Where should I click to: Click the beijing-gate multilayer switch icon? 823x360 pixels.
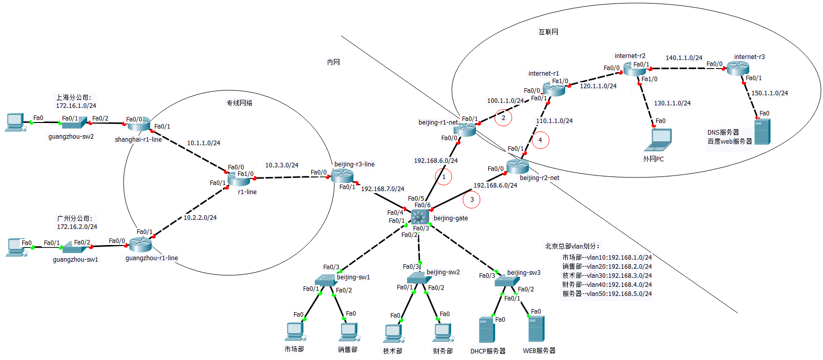click(420, 217)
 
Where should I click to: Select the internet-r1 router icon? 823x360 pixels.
click(554, 89)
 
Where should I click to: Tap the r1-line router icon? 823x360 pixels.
click(239, 179)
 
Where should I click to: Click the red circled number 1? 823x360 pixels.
click(444, 177)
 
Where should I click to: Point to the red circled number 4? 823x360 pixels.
click(540, 140)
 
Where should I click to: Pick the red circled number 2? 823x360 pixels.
click(503, 118)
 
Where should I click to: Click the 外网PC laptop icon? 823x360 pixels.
click(658, 140)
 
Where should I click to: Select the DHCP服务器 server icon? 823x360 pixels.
click(486, 330)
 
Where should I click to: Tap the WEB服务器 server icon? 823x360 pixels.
click(536, 329)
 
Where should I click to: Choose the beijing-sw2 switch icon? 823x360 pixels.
click(417, 277)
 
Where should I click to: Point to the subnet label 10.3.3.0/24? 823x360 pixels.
click(281, 165)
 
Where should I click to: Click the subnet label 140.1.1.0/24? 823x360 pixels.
click(684, 58)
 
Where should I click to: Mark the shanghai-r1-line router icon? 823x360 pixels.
click(140, 124)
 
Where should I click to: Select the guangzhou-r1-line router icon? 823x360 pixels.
click(140, 245)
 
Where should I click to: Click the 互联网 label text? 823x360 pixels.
click(548, 32)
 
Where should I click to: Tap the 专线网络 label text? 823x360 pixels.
click(239, 103)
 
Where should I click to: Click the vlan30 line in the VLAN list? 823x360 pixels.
click(607, 276)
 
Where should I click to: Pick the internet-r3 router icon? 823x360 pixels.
click(738, 68)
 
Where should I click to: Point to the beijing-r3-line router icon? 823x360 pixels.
click(342, 175)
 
